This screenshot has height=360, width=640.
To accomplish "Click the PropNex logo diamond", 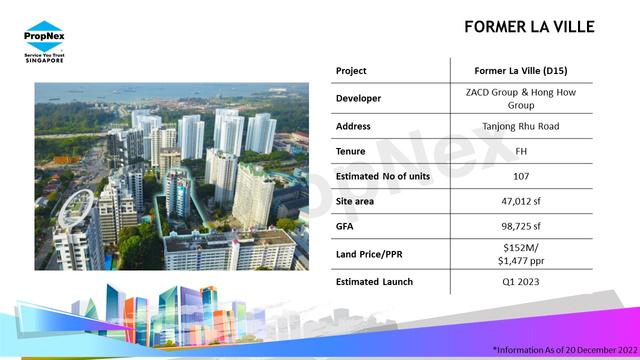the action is tap(44, 36).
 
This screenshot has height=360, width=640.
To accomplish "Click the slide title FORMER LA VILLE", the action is tap(529, 27).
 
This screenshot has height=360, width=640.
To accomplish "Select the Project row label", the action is tap(351, 71).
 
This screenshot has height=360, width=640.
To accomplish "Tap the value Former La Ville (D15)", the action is tap(521, 71).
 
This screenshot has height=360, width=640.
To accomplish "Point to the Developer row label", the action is tap(358, 98).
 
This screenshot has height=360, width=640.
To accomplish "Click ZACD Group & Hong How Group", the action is tap(521, 99).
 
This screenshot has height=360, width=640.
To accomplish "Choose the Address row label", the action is tap(353, 126).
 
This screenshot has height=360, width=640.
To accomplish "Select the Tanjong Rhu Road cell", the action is tap(521, 127).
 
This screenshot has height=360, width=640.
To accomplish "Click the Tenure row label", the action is tap(351, 151).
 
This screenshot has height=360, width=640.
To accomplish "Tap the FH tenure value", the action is tap(521, 151).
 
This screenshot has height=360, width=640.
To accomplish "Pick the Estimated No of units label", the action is tap(383, 176).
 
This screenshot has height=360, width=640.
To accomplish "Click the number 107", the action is tap(521, 176).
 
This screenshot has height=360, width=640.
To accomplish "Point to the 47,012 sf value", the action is tap(521, 201).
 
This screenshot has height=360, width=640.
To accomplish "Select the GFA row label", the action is tap(345, 226).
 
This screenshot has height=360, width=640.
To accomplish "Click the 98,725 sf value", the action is tap(521, 226).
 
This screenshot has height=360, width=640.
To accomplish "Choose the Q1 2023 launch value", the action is tap(521, 282).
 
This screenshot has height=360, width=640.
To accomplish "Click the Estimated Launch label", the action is tap(374, 282).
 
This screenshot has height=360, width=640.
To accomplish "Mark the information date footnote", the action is tap(565, 350).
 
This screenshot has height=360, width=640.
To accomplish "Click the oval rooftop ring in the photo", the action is tap(76, 209).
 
